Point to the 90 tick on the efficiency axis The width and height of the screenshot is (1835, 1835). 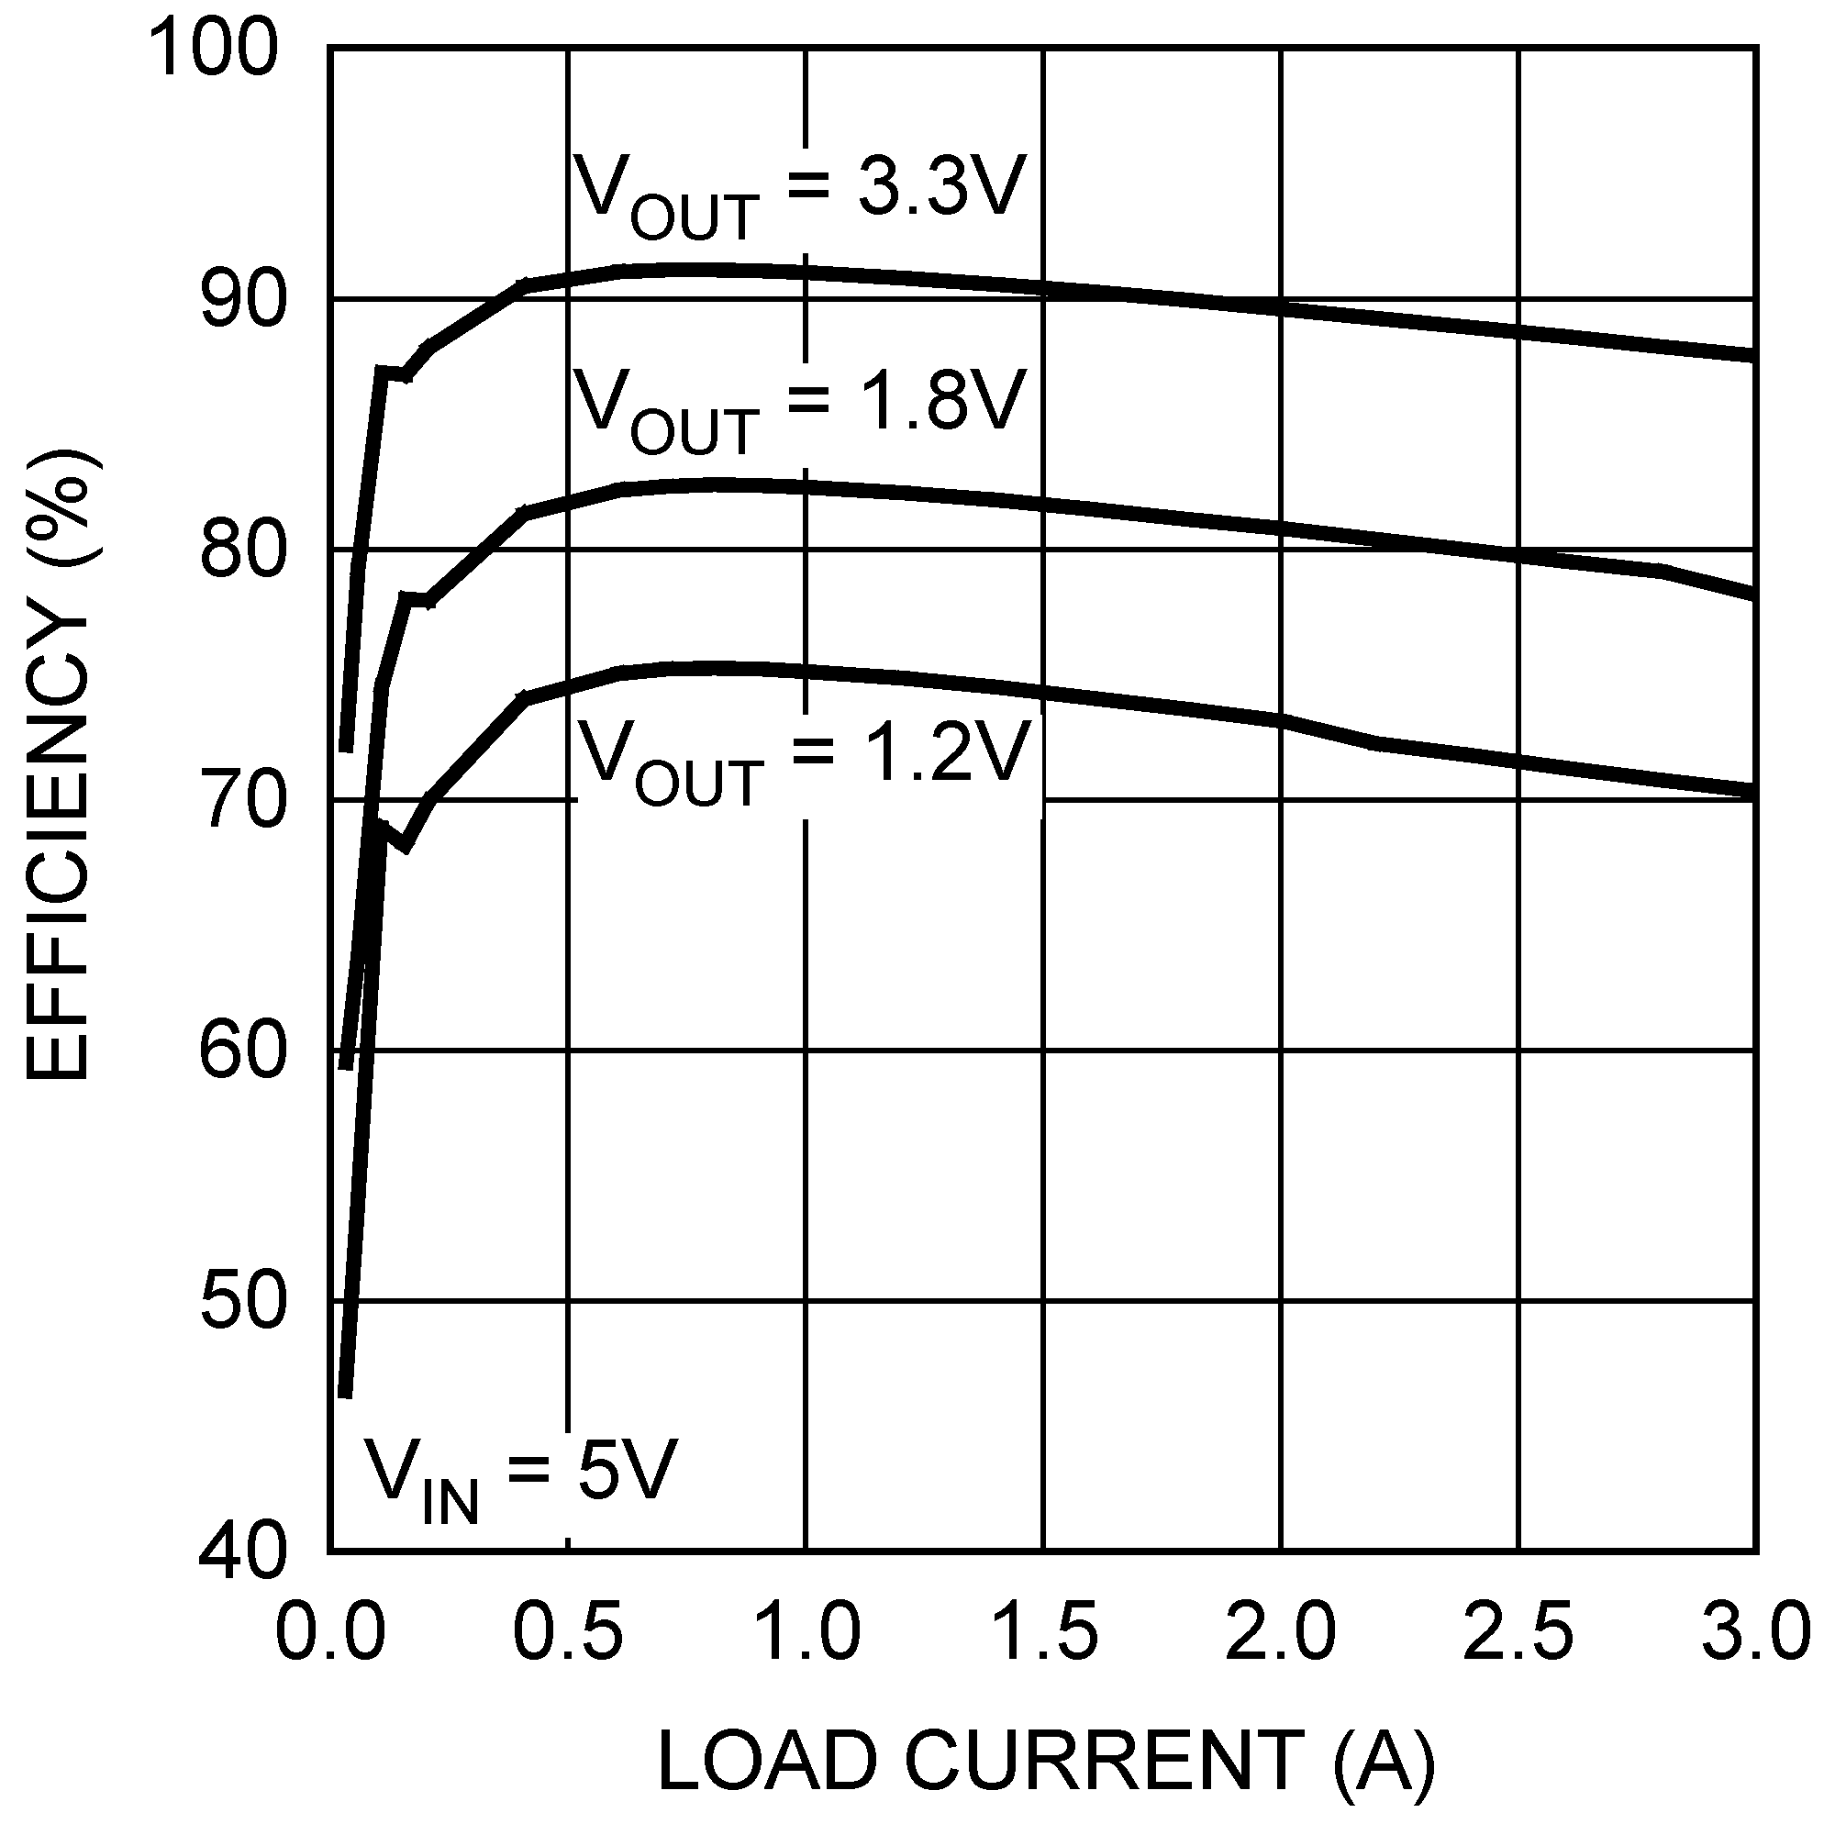243,299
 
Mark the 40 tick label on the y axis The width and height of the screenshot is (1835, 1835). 243,1554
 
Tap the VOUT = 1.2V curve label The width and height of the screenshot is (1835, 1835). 804,760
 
